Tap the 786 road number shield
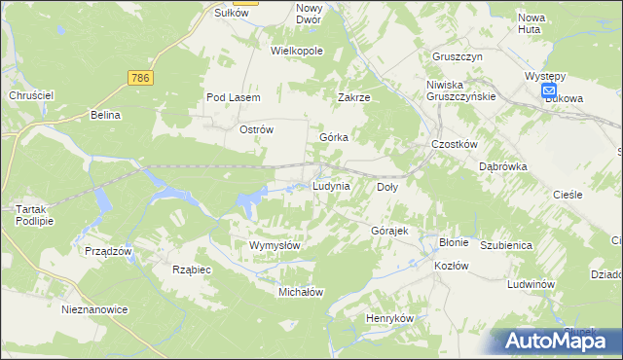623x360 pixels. [141, 76]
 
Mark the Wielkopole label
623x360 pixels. [297, 51]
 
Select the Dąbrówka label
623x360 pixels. [502, 166]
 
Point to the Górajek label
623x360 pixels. [388, 231]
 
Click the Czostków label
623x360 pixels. [454, 144]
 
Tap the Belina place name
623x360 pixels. [105, 115]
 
